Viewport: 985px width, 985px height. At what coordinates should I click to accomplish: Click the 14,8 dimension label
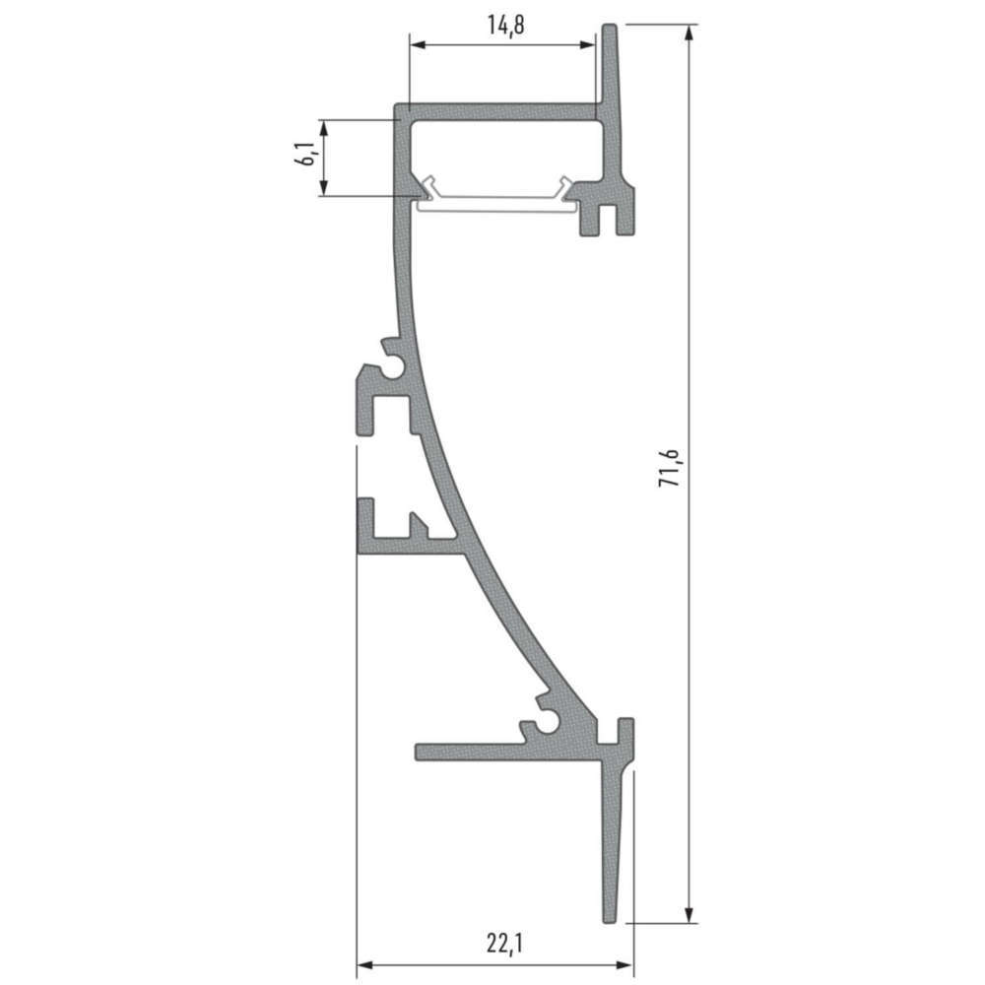coord(505,26)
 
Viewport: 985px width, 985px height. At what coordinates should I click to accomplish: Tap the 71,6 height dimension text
coord(670,468)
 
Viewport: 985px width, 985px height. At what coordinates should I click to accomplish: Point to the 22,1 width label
coord(504,943)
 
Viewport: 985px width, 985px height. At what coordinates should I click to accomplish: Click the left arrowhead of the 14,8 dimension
coord(418,44)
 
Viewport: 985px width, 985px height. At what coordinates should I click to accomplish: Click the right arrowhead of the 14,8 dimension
coord(586,44)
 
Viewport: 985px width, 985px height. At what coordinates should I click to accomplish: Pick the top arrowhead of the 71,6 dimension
coord(689,33)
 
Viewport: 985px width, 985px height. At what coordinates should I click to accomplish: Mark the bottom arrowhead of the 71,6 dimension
coord(689,914)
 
